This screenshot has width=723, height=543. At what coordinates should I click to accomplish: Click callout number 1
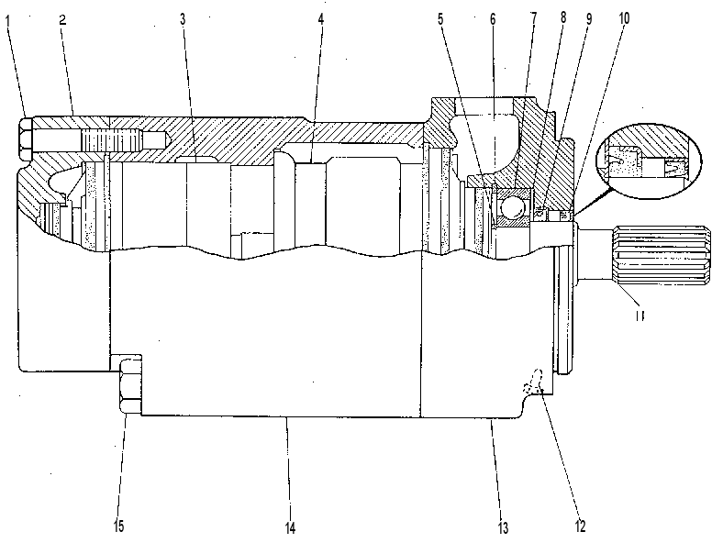tap(7, 21)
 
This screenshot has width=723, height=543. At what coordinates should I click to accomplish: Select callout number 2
tap(62, 20)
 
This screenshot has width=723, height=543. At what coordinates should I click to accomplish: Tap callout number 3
tap(184, 19)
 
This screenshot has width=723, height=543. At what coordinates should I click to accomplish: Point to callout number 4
tap(321, 19)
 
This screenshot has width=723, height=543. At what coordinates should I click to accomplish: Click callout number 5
tap(440, 19)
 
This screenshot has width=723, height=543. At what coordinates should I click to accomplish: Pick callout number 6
tap(493, 19)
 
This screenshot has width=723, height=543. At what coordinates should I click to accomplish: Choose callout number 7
tap(533, 18)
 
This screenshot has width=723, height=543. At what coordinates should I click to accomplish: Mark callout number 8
tap(563, 17)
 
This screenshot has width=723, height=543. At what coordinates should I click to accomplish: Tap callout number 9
tap(589, 19)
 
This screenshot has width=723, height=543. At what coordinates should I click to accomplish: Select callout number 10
tap(623, 18)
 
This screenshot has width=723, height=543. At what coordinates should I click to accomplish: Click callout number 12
tap(580, 526)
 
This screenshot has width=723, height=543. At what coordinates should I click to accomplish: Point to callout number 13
tap(503, 527)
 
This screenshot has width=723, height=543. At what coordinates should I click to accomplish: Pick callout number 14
tap(290, 527)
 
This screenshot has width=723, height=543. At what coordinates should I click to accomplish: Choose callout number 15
tap(118, 526)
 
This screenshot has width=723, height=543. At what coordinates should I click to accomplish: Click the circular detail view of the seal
tap(649, 161)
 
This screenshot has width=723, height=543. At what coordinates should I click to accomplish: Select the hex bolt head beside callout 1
tap(26, 139)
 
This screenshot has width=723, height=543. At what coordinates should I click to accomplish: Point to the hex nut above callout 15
tap(130, 384)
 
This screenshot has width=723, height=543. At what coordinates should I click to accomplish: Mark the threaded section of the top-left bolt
tap(110, 138)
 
